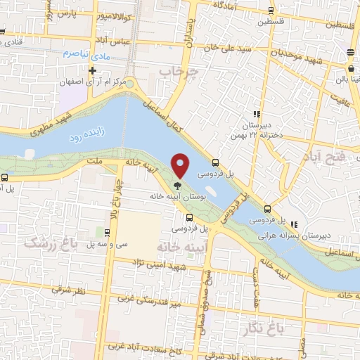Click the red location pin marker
[181, 165]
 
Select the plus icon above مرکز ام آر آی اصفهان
[92, 71]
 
